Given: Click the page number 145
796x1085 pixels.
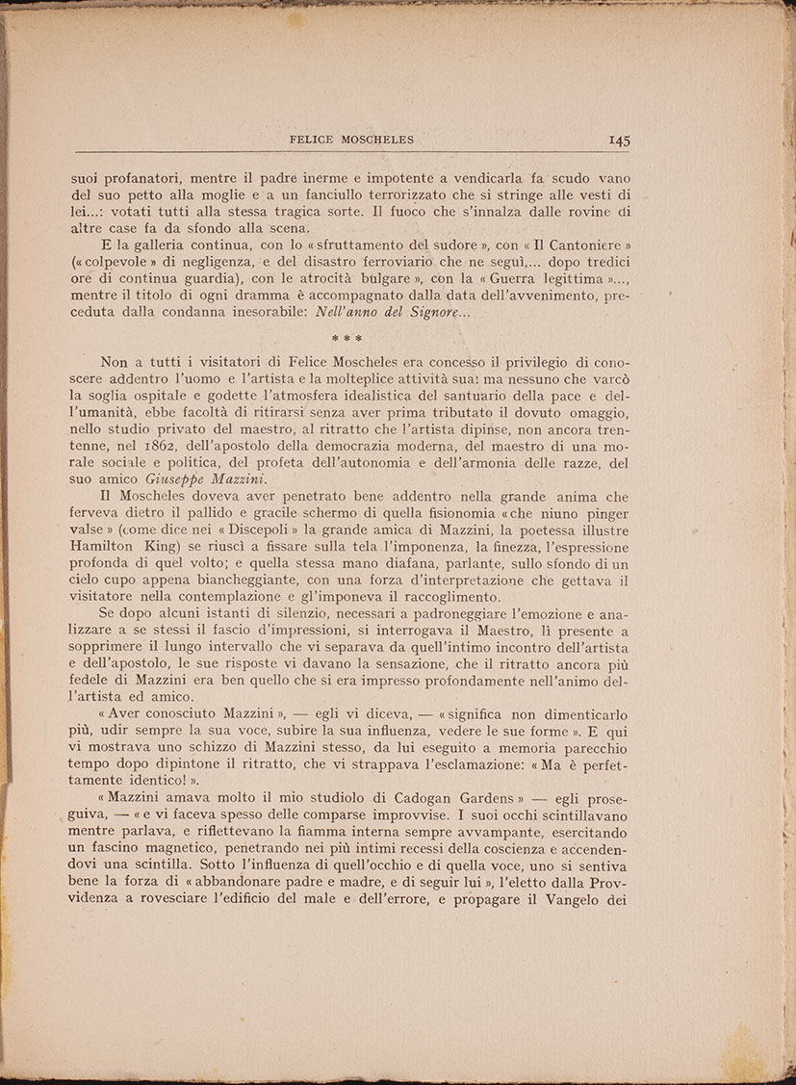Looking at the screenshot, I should click(619, 141).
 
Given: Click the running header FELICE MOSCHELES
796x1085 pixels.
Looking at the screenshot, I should click(351, 140).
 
